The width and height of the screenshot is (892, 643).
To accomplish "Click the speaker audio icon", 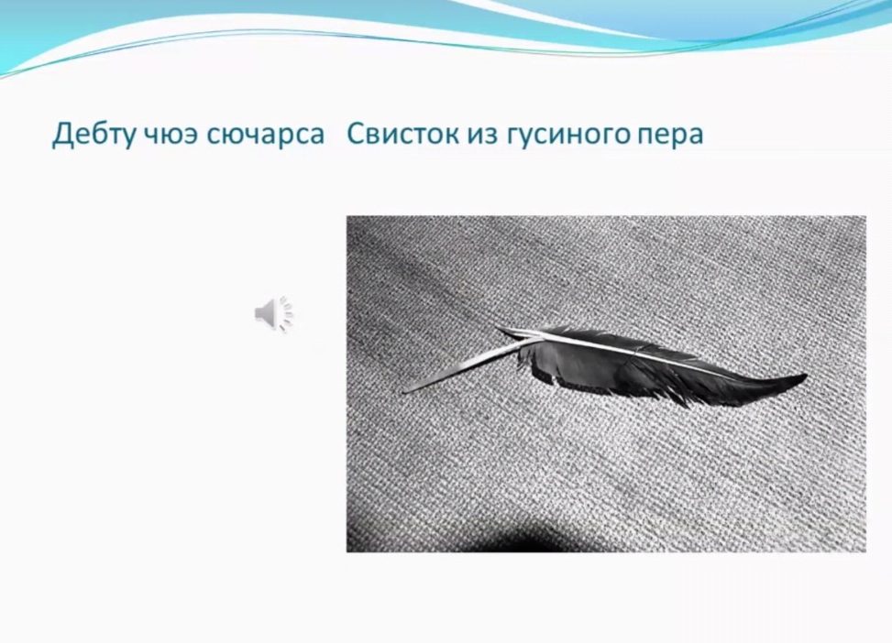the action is (x=273, y=313).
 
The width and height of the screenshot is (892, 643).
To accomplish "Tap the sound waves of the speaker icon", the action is (x=287, y=313).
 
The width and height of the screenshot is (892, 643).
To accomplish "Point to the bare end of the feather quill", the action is (x=405, y=391).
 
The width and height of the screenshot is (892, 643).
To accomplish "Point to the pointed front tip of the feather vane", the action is (x=499, y=329).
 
